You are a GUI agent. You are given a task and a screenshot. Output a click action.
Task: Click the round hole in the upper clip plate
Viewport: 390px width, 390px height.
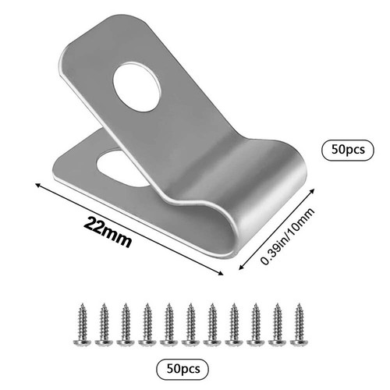[136, 87]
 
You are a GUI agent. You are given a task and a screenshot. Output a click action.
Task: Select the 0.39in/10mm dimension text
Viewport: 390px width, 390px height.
[288, 236]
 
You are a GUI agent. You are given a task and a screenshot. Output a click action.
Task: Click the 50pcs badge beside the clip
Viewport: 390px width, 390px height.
[348, 150]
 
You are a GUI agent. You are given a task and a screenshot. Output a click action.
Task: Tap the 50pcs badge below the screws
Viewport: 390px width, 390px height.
[183, 369]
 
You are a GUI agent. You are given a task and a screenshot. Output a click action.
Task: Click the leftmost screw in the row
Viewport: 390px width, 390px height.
[82, 324]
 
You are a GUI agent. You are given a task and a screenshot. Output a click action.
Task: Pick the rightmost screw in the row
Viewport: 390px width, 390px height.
[300, 324]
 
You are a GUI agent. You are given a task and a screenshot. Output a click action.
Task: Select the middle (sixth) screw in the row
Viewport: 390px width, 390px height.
[190, 324]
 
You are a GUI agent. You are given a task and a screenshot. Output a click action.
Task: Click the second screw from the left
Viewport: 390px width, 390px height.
[104, 324]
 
